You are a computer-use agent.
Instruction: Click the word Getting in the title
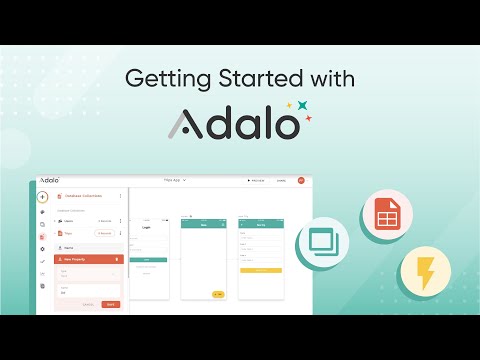coord(159,78)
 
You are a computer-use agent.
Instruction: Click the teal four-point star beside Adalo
coord(303,106)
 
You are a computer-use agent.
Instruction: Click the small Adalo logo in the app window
coord(50,181)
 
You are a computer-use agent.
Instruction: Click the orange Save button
coord(110,303)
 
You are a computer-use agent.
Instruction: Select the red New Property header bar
coord(88,258)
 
